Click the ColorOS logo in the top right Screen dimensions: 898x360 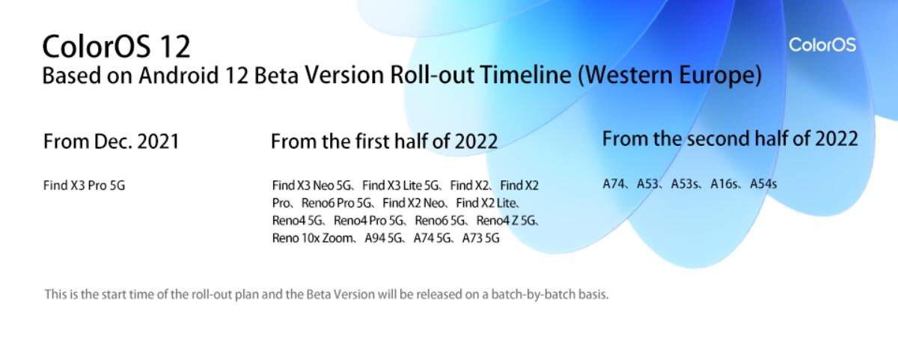tap(822, 44)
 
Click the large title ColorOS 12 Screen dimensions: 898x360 tap(116, 46)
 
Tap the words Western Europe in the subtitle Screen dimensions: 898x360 tap(670, 75)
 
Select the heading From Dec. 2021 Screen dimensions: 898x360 tap(112, 141)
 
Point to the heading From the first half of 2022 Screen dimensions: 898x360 tap(384, 141)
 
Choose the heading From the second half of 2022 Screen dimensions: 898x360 tap(730, 138)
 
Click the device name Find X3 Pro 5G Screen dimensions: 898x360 tap(84, 185)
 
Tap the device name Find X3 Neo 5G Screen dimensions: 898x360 tap(311, 185)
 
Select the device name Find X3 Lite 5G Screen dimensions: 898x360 tap(400, 185)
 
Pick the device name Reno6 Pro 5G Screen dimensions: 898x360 tap(336, 203)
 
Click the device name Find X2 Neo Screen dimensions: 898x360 tap(413, 203)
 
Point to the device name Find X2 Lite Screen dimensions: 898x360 tap(486, 203)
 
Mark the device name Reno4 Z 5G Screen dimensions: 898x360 tap(505, 221)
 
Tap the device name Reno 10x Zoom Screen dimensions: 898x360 tap(312, 238)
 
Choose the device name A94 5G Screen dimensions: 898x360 tap(382, 238)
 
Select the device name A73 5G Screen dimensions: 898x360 tap(480, 238)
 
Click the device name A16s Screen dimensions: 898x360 tap(723, 184)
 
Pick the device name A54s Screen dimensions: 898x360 tap(763, 184)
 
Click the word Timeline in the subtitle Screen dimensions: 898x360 tap(525, 75)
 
